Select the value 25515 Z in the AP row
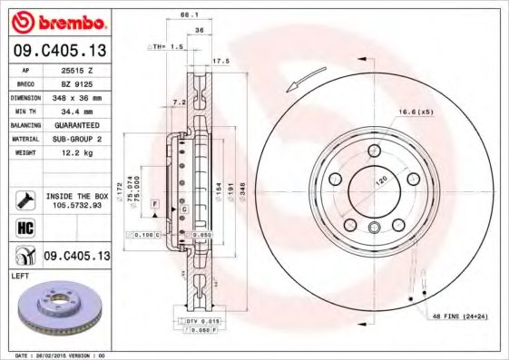(75, 70)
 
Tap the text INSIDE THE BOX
(76, 195)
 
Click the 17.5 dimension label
(218, 61)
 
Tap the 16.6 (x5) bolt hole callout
(414, 112)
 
